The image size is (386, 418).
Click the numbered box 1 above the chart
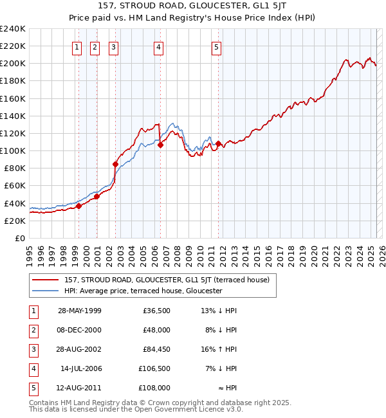click(x=77, y=46)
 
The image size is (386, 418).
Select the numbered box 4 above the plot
click(x=158, y=46)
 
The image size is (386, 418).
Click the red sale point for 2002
click(x=116, y=164)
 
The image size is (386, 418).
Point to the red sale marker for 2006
click(x=160, y=145)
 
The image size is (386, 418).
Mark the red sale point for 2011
click(x=219, y=143)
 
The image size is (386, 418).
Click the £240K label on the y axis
click(x=13, y=29)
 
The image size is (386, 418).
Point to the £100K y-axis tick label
click(x=13, y=150)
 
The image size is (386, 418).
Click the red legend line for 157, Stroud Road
click(x=45, y=280)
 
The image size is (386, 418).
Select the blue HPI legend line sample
click(x=45, y=291)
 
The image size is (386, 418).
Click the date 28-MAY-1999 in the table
click(x=80, y=311)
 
